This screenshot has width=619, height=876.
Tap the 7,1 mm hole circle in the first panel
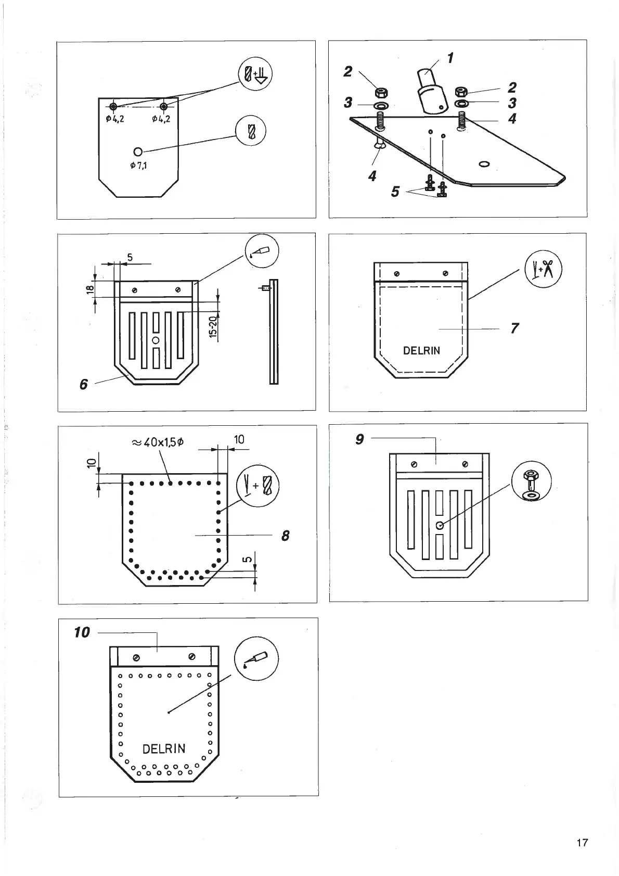138,151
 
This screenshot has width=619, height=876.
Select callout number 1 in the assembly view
450,58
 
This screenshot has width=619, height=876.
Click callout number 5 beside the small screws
395,192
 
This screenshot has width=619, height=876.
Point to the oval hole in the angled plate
484,164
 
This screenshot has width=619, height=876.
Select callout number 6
84,384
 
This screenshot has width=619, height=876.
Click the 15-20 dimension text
213,326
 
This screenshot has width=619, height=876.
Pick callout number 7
514,328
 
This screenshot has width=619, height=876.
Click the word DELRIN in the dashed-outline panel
421,350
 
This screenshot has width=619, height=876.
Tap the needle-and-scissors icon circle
543,269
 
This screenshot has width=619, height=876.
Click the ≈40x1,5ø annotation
158,442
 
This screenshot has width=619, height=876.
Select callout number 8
285,535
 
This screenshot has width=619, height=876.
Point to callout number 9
359,439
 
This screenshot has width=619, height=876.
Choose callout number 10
82,632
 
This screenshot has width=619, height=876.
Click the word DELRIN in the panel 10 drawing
164,748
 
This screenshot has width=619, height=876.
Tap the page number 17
582,842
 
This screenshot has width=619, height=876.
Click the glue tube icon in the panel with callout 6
262,252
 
